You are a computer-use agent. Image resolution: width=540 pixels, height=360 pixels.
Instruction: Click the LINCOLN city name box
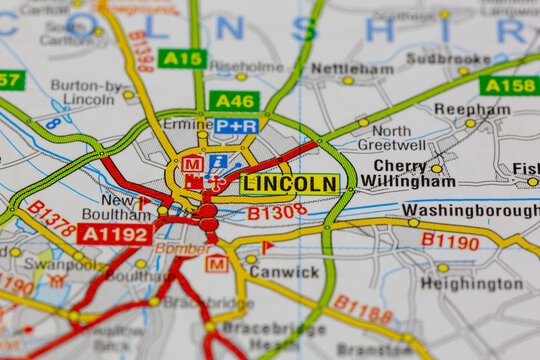click(290, 184)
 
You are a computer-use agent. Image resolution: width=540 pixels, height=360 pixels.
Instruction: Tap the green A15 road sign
click(182, 59)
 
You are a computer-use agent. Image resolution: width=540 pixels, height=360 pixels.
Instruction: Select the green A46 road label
click(235, 101)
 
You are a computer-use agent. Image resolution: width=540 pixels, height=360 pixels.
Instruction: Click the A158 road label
click(508, 86)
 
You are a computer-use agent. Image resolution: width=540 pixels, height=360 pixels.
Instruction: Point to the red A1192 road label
click(115, 235)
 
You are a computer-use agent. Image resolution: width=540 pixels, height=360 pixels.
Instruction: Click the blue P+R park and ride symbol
click(236, 126)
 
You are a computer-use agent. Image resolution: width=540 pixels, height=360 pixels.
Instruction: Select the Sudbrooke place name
click(448, 59)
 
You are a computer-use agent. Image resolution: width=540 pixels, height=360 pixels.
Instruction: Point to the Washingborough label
click(470, 211)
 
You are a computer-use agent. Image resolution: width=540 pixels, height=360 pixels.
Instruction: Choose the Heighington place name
click(471, 284)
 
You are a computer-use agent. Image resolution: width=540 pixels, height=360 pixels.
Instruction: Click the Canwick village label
click(285, 271)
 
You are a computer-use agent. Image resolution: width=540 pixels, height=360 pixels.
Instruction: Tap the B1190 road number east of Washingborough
click(449, 240)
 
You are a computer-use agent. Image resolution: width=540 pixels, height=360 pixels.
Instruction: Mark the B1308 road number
click(277, 212)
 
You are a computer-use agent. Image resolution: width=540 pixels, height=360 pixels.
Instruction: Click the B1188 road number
click(362, 309)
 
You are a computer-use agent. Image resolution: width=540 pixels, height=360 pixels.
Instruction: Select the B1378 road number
click(51, 218)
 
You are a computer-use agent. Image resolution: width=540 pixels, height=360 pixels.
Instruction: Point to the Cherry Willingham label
click(411, 174)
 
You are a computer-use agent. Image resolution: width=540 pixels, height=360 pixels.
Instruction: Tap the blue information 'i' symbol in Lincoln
click(218, 162)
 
